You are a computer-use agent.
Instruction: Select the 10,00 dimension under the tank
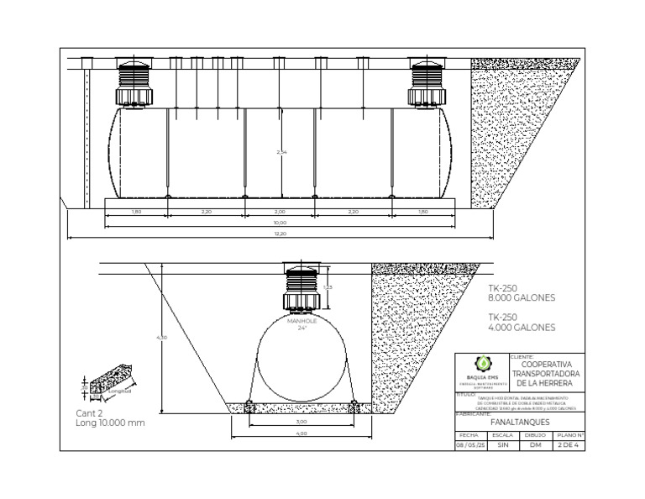tap(280, 222)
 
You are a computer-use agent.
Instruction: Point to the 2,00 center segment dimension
tap(280, 212)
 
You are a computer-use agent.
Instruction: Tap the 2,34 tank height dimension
tap(281, 152)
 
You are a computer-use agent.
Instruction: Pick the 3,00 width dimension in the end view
tap(302, 422)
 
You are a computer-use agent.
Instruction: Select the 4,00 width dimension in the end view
tap(302, 433)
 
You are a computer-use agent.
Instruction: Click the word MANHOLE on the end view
tap(302, 320)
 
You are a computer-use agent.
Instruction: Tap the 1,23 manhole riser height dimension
tap(328, 288)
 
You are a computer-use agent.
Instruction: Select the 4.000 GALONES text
tap(522, 328)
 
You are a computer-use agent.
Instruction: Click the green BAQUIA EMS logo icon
tap(482, 363)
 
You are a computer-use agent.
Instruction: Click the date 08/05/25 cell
tap(469, 445)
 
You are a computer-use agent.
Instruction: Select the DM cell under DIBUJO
tap(535, 445)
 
